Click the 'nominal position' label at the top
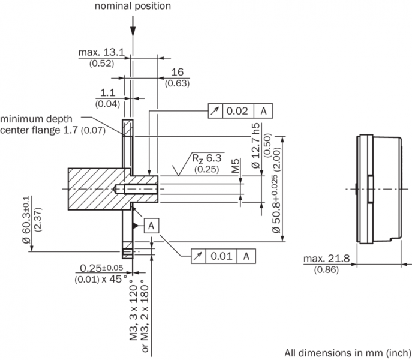coord(132,6)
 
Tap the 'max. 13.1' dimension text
coord(101,53)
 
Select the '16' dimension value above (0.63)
coord(176,72)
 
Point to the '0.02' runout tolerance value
coord(237,111)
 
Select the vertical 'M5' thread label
coord(237,166)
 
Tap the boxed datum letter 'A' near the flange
coord(152,225)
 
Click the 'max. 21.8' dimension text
coord(327,259)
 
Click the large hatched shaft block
coord(96,188)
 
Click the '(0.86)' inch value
coord(326,271)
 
